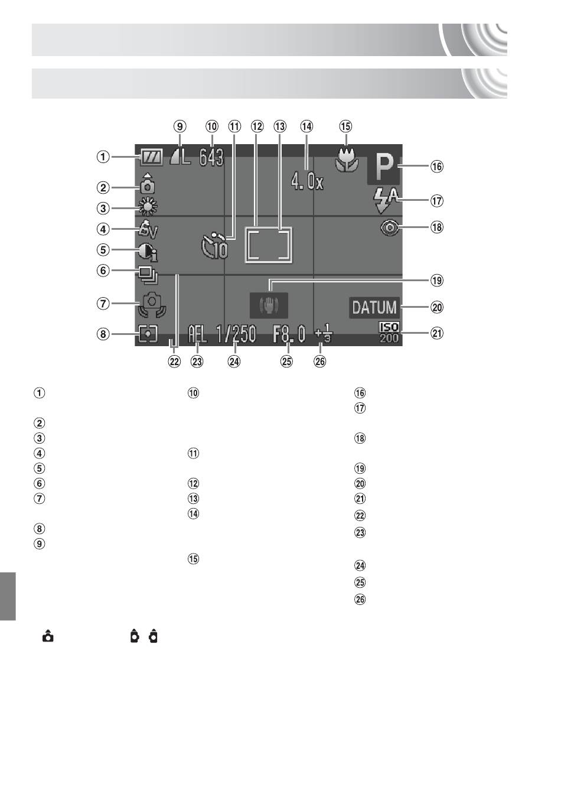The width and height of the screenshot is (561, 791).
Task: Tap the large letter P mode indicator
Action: coord(383,167)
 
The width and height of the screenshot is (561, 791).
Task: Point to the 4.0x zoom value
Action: coord(307,182)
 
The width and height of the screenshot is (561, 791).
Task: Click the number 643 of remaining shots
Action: coord(211,157)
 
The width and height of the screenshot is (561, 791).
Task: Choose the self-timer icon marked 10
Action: coord(214,246)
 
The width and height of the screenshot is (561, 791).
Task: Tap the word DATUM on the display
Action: coord(374,308)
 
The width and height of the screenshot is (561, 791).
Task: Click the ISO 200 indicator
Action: coord(389,333)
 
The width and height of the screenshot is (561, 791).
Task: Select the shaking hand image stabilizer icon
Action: coord(269,305)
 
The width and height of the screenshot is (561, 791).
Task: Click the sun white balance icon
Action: coord(148,207)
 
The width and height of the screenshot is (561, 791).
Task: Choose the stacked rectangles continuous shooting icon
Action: coord(149,276)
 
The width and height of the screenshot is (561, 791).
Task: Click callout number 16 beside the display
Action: coord(437,167)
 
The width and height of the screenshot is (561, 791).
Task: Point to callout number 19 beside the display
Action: coord(437,281)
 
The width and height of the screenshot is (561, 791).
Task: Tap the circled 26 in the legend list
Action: coord(360,599)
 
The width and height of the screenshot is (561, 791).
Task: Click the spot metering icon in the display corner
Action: coord(148,334)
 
